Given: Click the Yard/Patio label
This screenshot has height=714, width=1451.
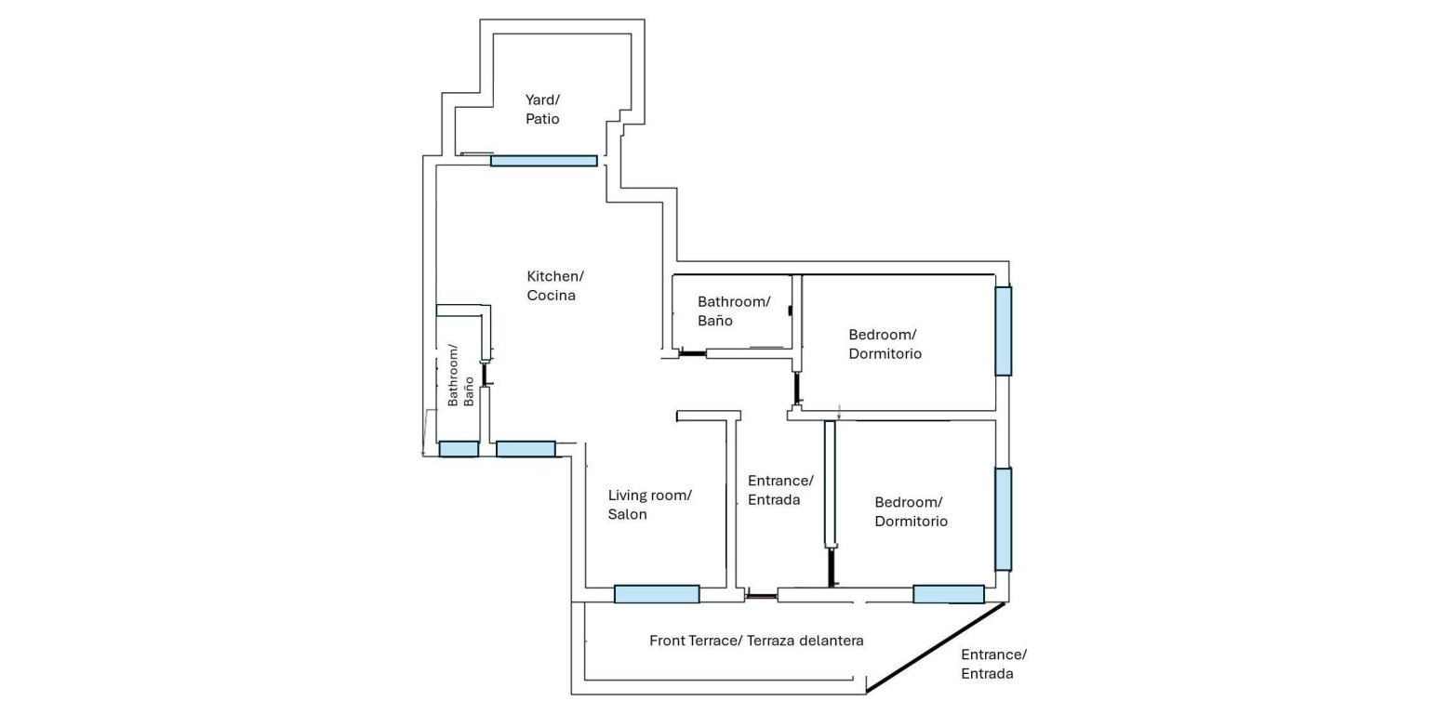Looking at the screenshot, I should [542, 110].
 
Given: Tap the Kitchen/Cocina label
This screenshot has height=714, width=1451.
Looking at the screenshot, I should [554, 286].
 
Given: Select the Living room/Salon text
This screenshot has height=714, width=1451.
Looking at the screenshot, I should [649, 505].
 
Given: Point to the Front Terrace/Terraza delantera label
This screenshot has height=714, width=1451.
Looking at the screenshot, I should [756, 641].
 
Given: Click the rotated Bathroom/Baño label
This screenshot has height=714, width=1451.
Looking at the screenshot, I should [461, 377].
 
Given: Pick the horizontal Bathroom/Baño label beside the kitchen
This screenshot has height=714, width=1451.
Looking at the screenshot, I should [734, 311].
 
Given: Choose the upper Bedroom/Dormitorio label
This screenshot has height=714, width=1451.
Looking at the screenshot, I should [885, 344].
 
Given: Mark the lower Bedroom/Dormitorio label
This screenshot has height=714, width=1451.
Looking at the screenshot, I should [911, 512].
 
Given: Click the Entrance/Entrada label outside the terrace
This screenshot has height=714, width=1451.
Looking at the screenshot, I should [993, 664].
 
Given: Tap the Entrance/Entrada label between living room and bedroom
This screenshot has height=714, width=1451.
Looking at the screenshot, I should [780, 490].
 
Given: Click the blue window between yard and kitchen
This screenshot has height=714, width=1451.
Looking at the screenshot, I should [544, 161].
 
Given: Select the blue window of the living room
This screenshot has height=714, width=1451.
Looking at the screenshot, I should [657, 594].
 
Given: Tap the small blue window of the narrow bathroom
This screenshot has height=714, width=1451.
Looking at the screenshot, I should [459, 449].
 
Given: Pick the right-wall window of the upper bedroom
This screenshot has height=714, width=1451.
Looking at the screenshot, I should [1003, 331].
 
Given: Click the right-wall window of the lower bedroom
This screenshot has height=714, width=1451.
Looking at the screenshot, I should [1003, 519].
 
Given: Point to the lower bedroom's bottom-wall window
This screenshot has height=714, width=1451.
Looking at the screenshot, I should [948, 594].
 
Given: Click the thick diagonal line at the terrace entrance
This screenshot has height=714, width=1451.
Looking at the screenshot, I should [936, 647].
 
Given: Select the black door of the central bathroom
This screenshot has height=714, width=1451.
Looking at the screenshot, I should [692, 353].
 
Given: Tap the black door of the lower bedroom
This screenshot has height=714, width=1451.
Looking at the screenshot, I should [832, 567].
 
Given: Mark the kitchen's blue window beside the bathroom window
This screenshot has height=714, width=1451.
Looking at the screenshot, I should [526, 449].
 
